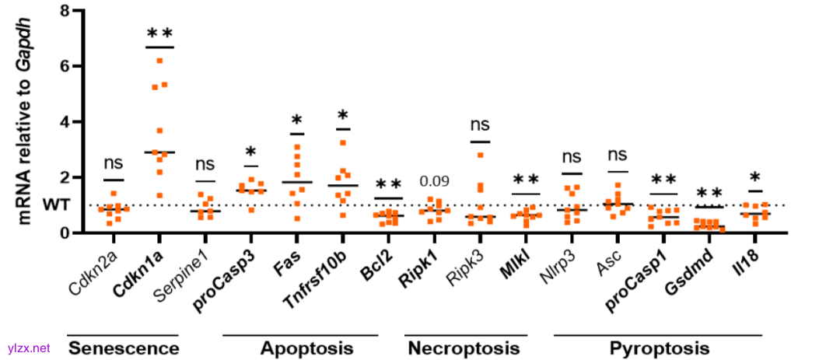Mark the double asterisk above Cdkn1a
tap(159, 33)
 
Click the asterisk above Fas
tap(296, 121)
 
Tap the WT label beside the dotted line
tap(50, 206)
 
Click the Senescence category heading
tap(124, 348)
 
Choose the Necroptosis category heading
tap(463, 348)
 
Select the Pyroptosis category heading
tap(659, 348)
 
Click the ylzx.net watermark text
tap(29, 348)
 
